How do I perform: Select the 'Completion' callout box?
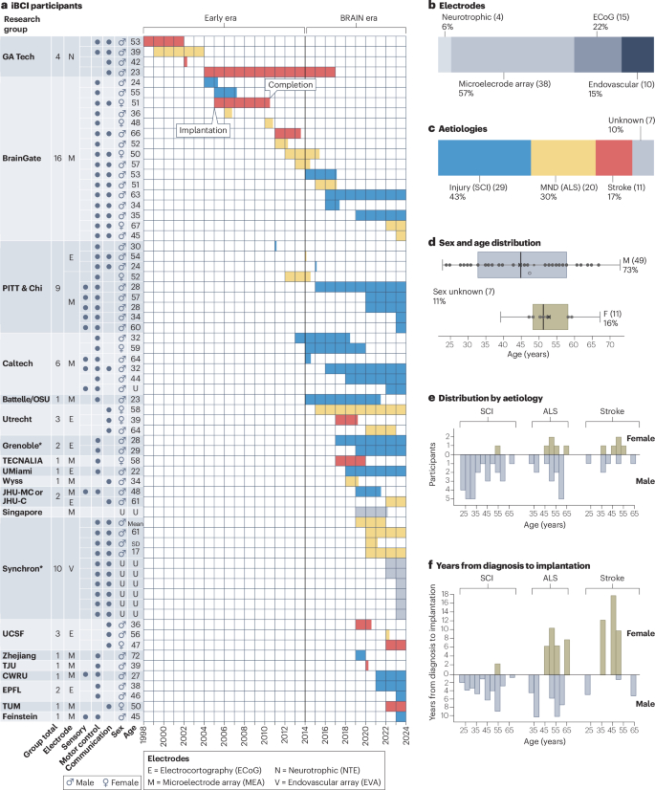point(288,87)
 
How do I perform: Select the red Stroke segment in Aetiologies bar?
point(613,156)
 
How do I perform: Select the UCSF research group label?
point(19,633)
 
